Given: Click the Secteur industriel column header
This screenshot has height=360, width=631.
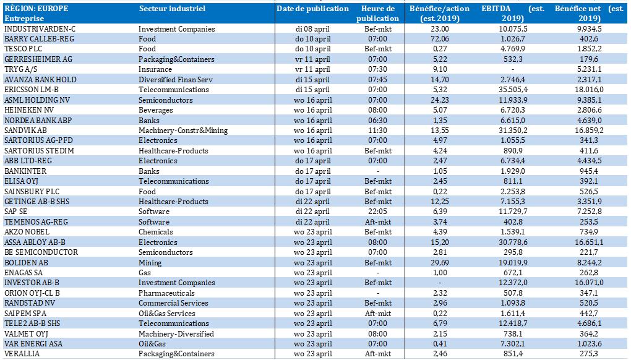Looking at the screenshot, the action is click(x=172, y=9).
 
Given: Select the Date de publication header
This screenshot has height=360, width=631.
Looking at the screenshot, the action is click(x=312, y=9).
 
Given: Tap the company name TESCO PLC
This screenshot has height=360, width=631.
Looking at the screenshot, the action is click(x=23, y=49).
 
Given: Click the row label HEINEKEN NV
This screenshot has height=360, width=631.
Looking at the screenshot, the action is click(x=29, y=110).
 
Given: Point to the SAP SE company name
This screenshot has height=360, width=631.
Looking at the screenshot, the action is click(x=15, y=211).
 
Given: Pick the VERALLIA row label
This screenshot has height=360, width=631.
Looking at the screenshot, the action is click(x=22, y=354).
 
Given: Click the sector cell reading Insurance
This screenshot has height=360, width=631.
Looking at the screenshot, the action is click(x=155, y=69).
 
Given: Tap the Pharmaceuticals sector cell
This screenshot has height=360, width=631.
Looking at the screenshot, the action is click(x=166, y=293).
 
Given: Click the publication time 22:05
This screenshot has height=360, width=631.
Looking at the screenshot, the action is click(x=377, y=211).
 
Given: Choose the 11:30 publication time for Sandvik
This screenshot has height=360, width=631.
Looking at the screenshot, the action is click(x=377, y=130).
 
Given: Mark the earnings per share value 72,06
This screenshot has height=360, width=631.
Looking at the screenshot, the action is click(x=439, y=38).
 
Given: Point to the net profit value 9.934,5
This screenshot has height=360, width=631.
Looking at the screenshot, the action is click(x=589, y=28).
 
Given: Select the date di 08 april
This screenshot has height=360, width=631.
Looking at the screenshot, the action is click(x=312, y=28).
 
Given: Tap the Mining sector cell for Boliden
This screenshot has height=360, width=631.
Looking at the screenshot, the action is click(x=150, y=262).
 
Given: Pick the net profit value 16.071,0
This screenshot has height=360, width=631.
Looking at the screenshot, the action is click(x=589, y=282).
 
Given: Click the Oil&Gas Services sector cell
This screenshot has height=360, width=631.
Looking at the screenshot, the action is click(x=166, y=313).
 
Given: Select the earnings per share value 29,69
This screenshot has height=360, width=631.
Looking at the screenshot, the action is click(x=439, y=262).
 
